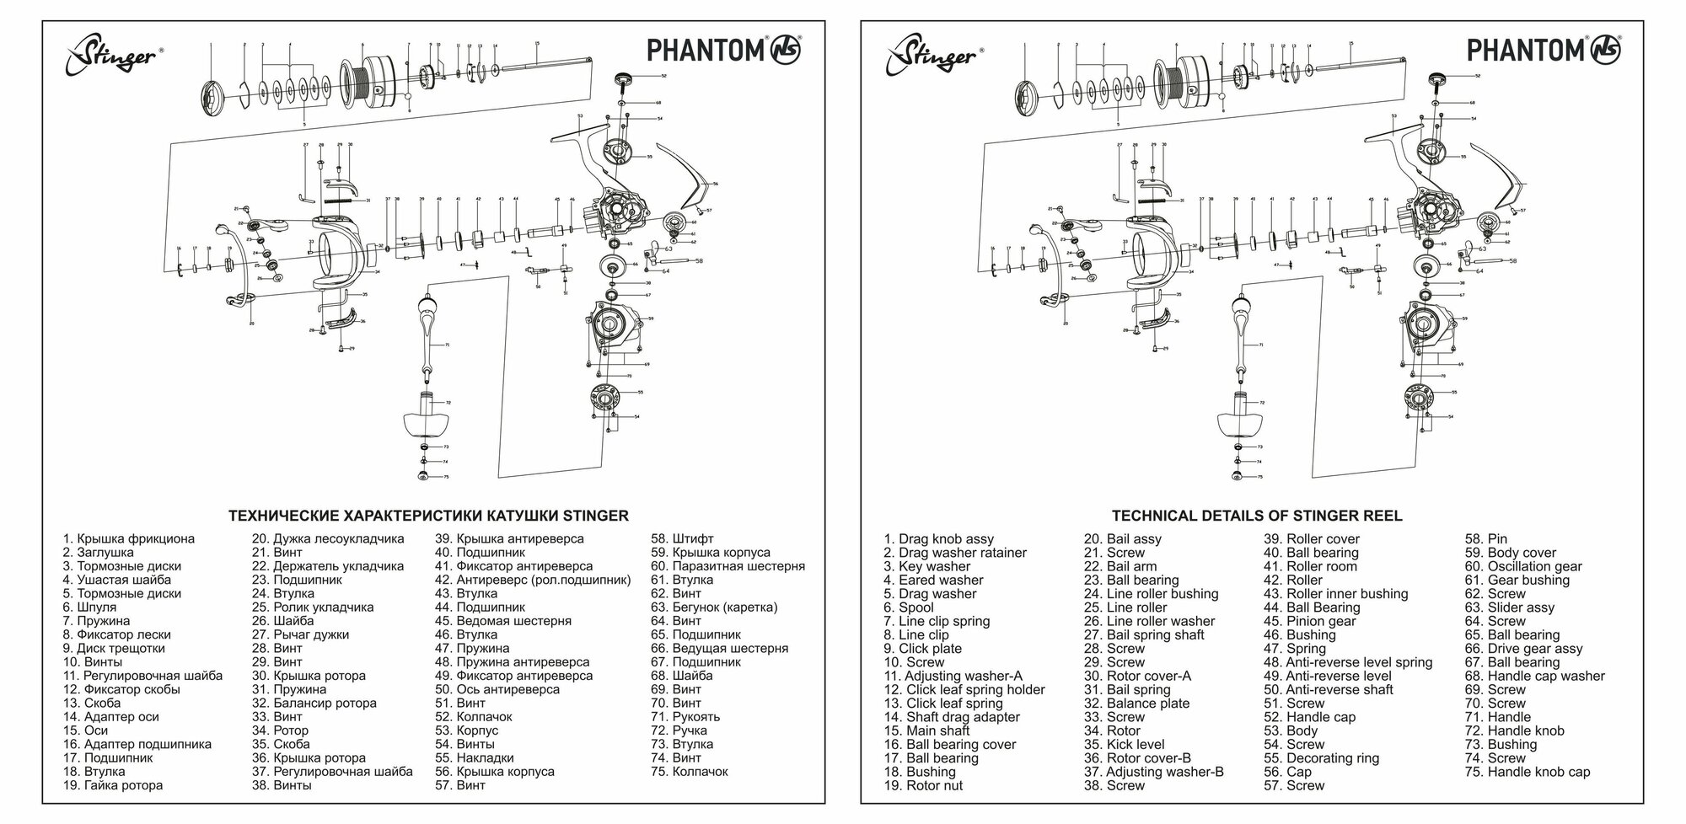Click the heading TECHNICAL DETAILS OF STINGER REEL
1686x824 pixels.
[x=1257, y=516]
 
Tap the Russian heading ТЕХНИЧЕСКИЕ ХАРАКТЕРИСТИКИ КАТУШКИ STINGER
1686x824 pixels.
[x=428, y=516]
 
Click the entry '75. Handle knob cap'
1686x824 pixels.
[x=1527, y=772]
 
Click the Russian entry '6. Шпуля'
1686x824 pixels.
[x=89, y=607]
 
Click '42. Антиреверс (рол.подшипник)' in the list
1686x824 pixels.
[x=532, y=580]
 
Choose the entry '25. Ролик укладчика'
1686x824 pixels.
[x=312, y=607]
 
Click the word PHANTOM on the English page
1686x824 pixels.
[x=1524, y=50]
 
